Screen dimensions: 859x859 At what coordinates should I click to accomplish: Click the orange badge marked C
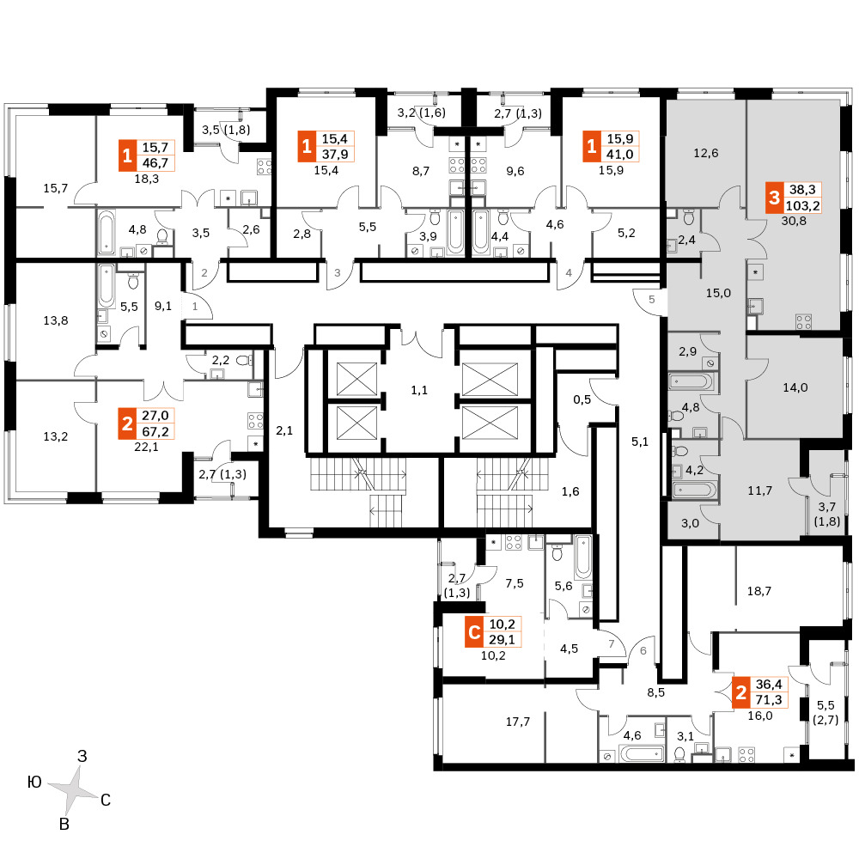click(x=474, y=632)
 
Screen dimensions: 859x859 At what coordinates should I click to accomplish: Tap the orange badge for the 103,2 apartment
click(x=774, y=198)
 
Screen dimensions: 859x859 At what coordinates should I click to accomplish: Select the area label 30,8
click(x=794, y=221)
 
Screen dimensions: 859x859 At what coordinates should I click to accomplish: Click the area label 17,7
click(x=518, y=722)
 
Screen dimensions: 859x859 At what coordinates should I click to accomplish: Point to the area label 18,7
click(x=759, y=591)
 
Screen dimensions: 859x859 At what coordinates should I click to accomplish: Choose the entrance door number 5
click(x=651, y=299)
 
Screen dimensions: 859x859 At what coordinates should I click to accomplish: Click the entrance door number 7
click(x=612, y=643)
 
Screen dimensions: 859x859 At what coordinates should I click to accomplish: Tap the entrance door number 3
click(x=338, y=272)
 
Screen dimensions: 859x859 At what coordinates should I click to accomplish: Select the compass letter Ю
click(x=34, y=782)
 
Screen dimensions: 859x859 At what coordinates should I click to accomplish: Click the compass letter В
click(x=64, y=824)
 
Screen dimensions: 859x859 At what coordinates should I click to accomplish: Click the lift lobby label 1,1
click(x=419, y=390)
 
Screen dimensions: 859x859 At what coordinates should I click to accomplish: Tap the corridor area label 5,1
click(x=640, y=442)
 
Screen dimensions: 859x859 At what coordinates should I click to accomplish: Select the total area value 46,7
click(x=155, y=162)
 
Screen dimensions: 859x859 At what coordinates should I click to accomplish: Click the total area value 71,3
click(x=769, y=699)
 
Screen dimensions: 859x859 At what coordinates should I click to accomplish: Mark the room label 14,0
click(x=795, y=387)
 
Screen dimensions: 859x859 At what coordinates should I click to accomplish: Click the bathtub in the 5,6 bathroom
click(x=583, y=556)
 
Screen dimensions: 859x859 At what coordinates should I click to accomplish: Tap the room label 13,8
click(x=56, y=320)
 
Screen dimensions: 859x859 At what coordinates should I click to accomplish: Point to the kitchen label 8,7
click(x=421, y=171)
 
